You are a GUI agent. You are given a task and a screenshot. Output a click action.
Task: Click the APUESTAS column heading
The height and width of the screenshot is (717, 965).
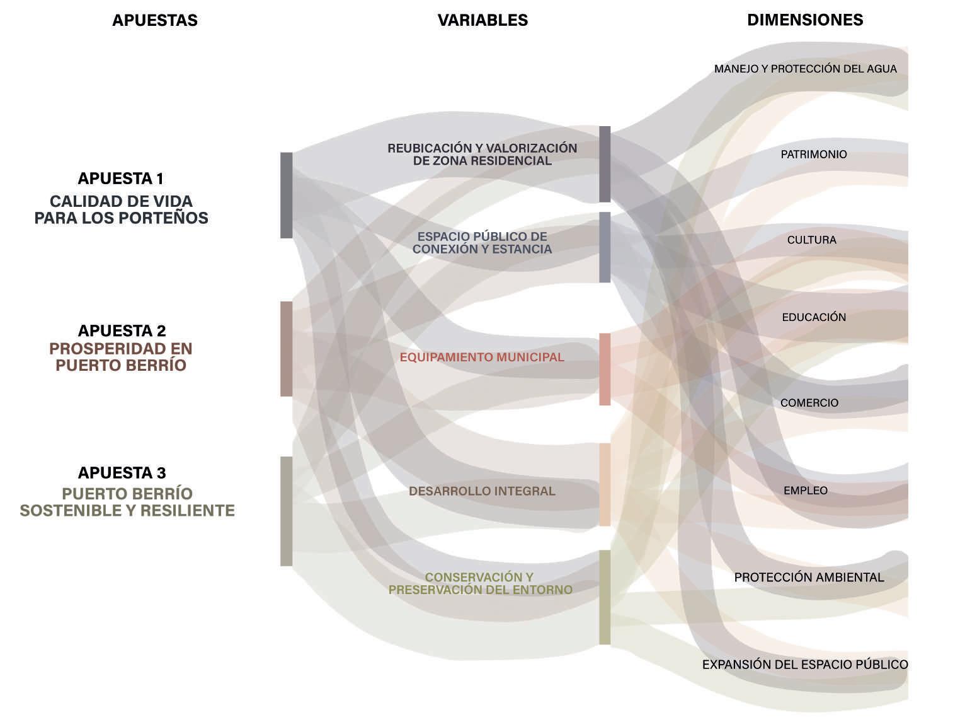coord(155,20)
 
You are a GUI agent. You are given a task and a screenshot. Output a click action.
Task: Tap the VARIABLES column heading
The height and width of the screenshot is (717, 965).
coord(482,20)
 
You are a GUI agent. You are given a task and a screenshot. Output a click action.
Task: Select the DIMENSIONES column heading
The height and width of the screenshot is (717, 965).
coord(805,20)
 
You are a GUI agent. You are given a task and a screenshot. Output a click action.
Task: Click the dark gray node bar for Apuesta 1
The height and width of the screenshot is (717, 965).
coord(287,195)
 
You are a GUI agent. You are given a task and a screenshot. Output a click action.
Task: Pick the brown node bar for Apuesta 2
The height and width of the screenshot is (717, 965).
coord(287,349)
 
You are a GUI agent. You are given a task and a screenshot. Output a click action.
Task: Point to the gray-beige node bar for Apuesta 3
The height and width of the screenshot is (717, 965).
coord(287,511)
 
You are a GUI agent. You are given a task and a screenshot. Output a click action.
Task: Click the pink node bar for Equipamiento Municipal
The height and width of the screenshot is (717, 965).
coord(605,369)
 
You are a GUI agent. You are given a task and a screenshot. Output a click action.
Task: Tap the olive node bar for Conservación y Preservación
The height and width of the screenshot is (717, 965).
coord(605,597)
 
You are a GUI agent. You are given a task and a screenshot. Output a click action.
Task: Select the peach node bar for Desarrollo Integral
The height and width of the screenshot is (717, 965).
coord(605,484)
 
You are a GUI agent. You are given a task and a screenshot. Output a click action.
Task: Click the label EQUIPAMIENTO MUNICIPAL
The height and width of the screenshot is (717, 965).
coord(482,357)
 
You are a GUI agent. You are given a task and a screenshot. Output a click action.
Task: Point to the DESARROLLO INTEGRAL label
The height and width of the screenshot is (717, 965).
coord(482,491)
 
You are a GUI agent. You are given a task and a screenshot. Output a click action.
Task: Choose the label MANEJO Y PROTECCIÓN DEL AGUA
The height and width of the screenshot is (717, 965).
coord(805,69)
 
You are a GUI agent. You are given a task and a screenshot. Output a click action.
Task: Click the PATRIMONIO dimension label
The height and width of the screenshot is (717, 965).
coord(814,154)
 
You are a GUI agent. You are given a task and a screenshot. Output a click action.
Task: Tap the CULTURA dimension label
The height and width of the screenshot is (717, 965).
coord(811,240)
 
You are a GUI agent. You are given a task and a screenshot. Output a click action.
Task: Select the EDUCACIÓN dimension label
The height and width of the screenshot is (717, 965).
coord(814,317)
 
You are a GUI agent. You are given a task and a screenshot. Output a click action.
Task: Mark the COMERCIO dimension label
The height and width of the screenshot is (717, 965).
coord(809,403)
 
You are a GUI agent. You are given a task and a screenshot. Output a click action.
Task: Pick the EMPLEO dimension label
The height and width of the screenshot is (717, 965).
coord(806,491)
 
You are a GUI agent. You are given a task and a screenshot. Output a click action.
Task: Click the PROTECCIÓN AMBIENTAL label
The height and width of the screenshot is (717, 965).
coord(809,577)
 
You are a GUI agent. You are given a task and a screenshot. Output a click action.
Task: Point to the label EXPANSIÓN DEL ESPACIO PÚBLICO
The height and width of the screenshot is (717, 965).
coord(805,664)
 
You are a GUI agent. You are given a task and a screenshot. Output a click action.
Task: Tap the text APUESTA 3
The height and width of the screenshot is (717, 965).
coord(122,473)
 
